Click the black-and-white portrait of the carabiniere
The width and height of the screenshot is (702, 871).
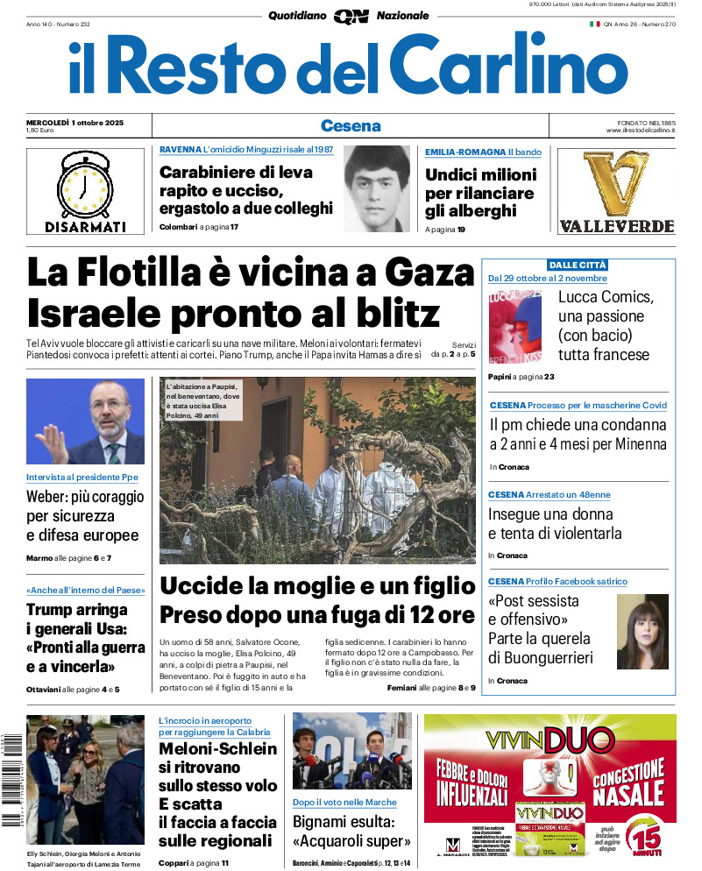click(x=377, y=188)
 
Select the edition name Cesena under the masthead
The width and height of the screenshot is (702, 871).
click(x=351, y=125)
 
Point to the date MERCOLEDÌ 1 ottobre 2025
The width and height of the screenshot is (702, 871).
click(x=74, y=122)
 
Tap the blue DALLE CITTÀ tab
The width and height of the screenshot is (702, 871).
click(x=578, y=265)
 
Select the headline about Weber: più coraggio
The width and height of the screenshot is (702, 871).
click(x=85, y=516)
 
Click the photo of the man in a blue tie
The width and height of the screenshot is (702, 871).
click(x=85, y=421)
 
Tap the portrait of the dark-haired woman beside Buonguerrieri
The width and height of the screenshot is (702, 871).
click(x=642, y=631)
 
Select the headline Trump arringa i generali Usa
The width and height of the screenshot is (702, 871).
click(x=85, y=638)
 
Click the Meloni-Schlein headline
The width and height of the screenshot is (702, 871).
click(x=217, y=794)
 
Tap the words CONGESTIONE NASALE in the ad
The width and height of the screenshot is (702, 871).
click(x=628, y=782)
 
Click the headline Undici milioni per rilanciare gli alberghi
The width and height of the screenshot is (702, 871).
click(x=479, y=193)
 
